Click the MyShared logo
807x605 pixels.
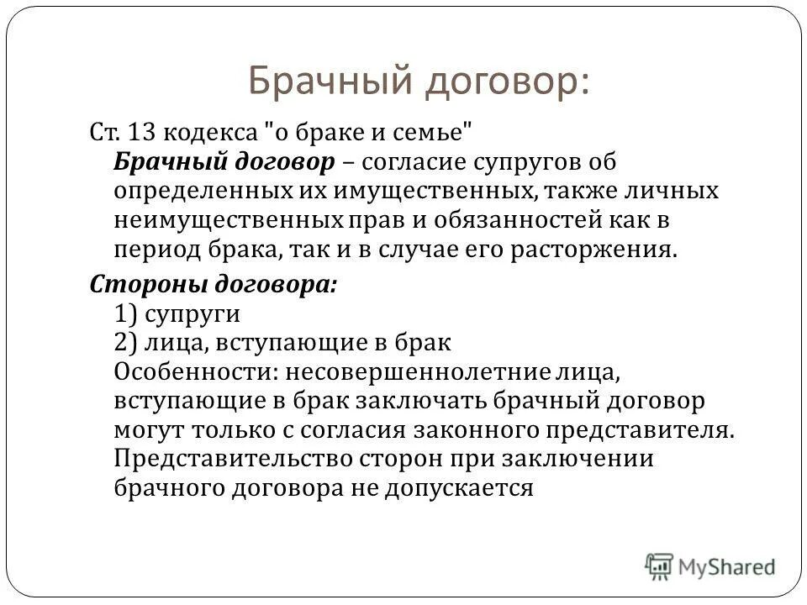[x=711, y=566]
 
